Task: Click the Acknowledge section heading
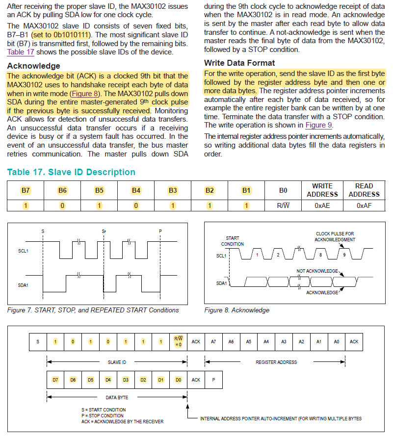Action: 33,66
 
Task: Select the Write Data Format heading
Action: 239,63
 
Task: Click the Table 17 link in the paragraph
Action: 20,51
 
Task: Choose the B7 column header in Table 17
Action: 26,190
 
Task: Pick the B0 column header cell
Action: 283,190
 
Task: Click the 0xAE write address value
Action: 322,205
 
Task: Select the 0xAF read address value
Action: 364,205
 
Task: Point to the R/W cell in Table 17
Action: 283,205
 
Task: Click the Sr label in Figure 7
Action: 104,231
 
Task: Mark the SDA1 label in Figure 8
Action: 222,283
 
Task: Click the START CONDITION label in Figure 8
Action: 233,241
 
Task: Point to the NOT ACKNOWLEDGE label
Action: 317,271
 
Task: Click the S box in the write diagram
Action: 38,341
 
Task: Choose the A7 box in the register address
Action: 213,341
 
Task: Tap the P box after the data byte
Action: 213,380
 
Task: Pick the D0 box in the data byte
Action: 178,380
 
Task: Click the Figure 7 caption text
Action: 93,310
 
